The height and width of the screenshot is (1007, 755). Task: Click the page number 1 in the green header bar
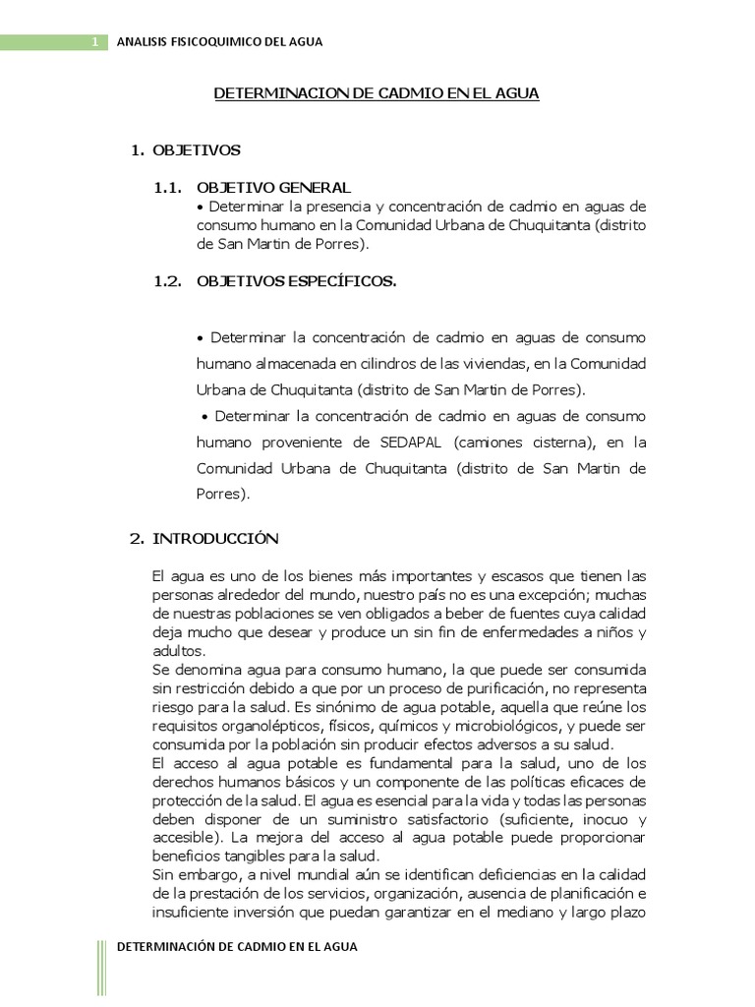point(94,41)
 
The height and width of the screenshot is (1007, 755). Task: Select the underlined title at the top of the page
point(377,93)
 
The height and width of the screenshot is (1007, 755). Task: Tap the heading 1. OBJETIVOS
point(186,150)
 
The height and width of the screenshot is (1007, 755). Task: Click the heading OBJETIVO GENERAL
point(273,187)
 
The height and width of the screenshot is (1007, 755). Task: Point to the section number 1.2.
point(168,281)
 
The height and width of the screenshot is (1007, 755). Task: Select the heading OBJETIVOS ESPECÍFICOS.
point(296,281)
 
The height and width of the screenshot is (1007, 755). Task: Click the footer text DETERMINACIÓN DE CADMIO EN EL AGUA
point(237,947)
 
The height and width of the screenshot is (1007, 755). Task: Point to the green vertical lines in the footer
point(101,968)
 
